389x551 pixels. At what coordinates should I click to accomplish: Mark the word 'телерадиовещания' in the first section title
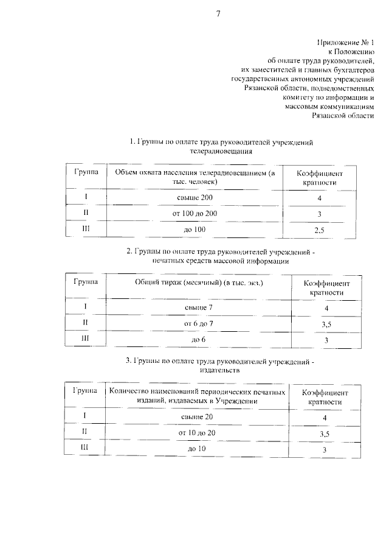(x=221, y=152)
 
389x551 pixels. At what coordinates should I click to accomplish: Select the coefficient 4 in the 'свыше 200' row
(x=318, y=199)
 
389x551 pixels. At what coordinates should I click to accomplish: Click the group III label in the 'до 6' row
(x=85, y=339)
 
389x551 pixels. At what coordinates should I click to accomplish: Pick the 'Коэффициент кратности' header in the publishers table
(x=325, y=397)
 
